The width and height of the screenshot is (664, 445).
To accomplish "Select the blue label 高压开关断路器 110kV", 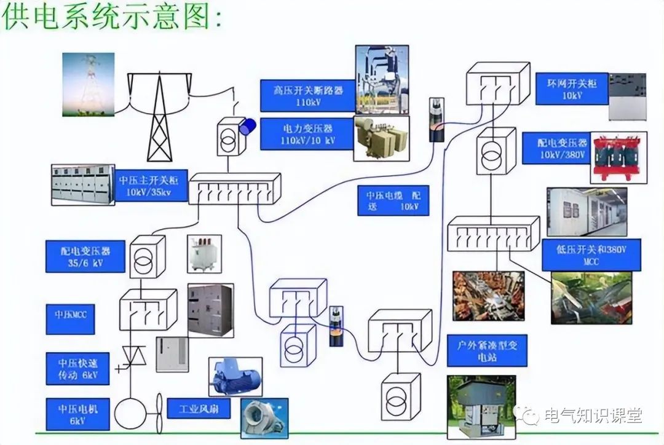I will [307, 96].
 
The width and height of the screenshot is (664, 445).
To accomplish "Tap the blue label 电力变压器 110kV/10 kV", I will [307, 134].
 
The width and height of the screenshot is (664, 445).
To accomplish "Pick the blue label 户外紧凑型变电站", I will [486, 351].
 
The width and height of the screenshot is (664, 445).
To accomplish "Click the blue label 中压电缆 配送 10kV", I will [393, 201].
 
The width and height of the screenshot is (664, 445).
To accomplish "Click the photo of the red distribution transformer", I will [614, 157].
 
